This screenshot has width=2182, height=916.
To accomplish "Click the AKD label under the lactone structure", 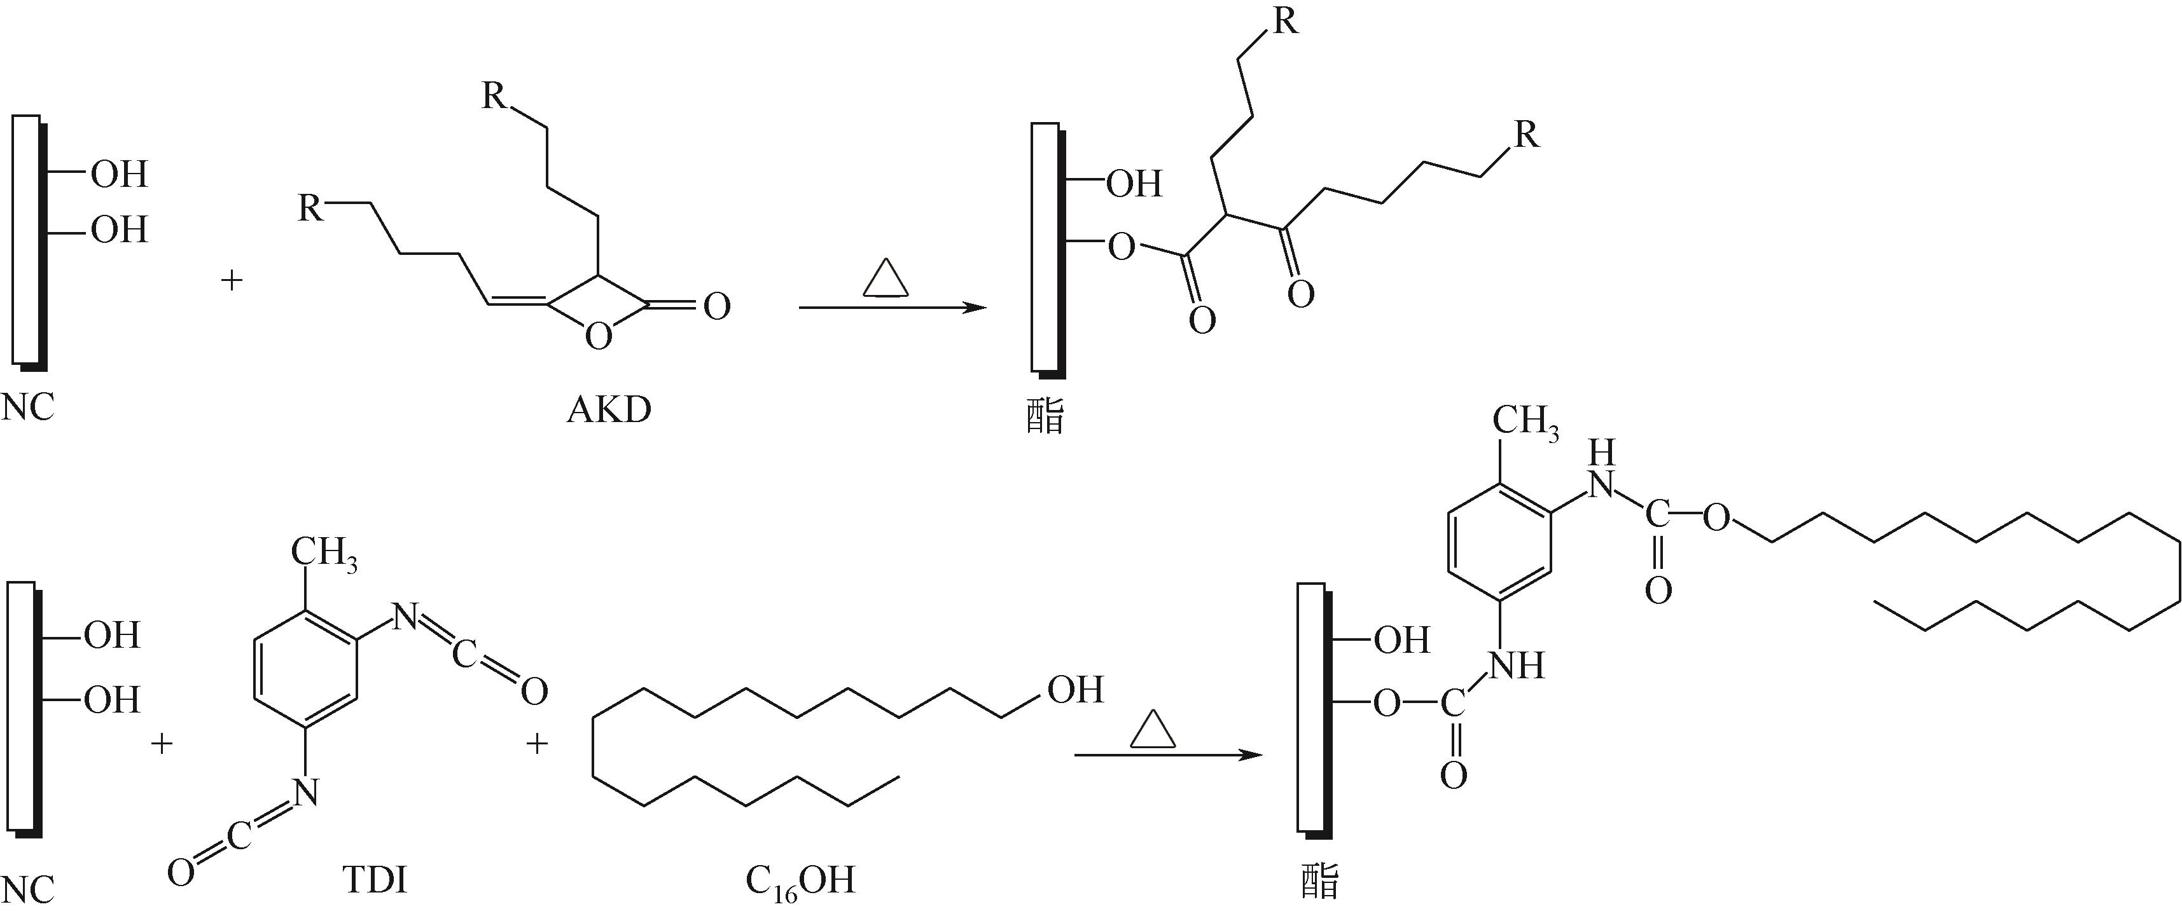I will pos(609,410).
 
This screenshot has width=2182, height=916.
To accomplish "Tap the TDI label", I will pos(375,881).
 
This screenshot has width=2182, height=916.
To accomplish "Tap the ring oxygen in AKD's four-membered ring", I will pos(598,337).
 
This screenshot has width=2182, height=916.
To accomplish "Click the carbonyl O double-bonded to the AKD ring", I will pos(716,306).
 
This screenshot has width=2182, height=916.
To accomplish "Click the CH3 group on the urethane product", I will pos(1525,421).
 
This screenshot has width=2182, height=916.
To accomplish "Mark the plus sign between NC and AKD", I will pos(232,280).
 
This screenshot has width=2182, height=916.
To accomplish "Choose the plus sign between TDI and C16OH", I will pos(537,745).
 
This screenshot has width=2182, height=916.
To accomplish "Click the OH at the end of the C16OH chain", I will pos(1075,690).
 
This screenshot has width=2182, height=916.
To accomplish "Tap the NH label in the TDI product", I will pos(1515,666).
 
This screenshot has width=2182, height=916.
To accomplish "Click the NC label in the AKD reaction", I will pos(28,408).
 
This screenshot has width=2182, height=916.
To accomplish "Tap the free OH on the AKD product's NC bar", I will pos(1134,184).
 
